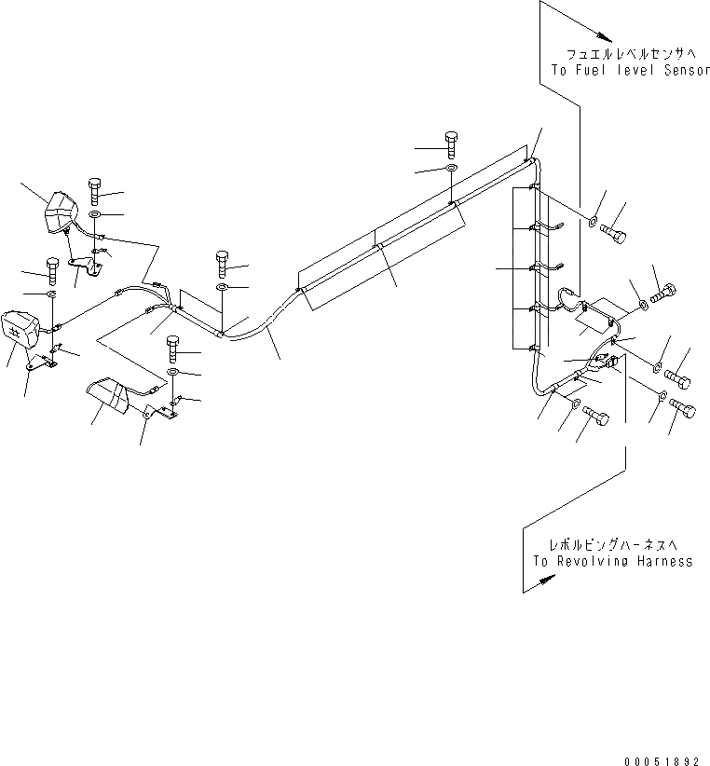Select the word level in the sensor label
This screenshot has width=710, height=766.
[634, 71]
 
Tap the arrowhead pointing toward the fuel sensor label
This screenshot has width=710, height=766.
[605, 36]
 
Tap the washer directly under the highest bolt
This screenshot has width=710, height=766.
[451, 170]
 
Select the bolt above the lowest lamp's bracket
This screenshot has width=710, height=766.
[173, 349]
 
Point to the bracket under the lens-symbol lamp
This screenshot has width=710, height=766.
[41, 362]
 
